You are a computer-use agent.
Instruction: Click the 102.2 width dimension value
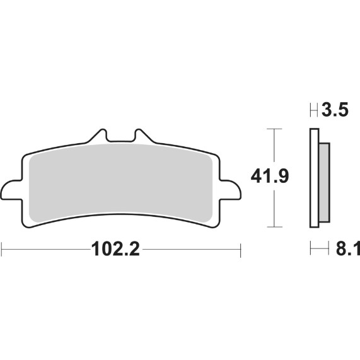tap(115, 250)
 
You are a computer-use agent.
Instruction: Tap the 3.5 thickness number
tap(334, 111)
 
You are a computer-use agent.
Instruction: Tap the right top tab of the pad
tap(142, 137)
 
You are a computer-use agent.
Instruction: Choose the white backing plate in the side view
tap(313, 177)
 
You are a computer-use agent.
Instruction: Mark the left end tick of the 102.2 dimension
tap(2, 250)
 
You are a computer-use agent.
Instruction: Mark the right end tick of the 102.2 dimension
tap(241, 250)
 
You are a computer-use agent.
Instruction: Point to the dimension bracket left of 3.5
tap(313, 112)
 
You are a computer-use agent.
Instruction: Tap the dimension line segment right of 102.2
tap(189, 250)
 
